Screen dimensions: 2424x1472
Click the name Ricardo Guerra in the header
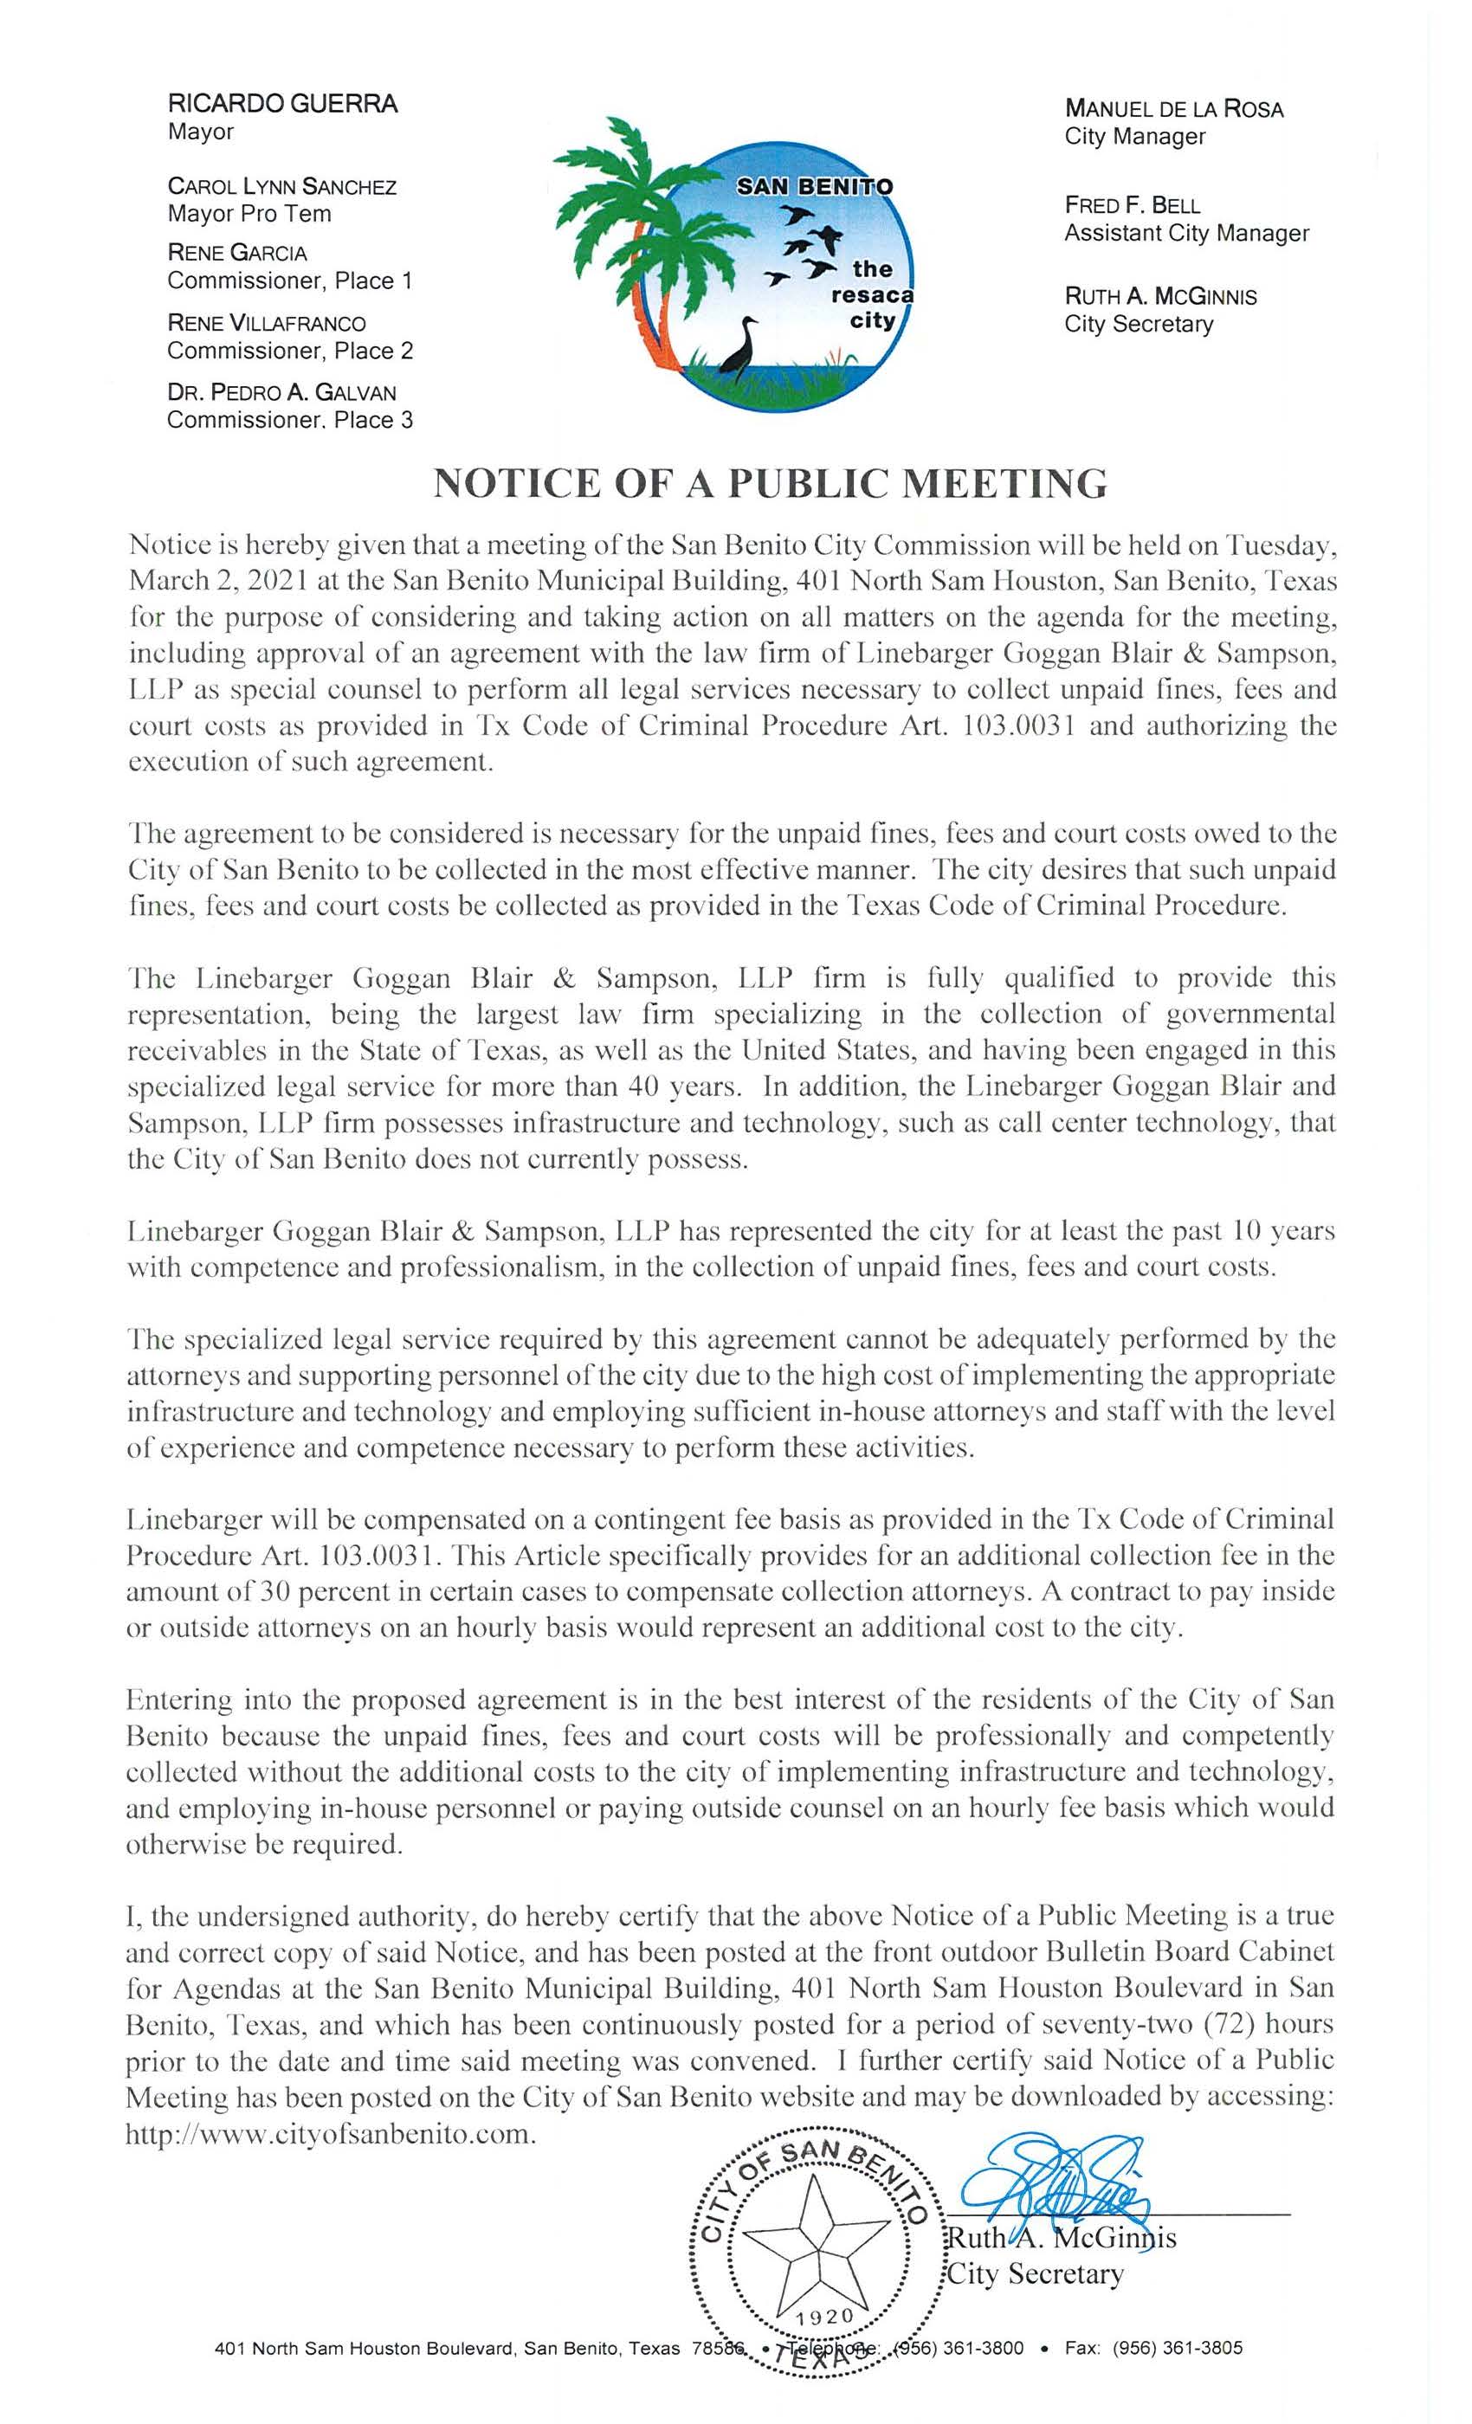tap(282, 104)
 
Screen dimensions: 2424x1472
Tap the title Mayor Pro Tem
tap(249, 214)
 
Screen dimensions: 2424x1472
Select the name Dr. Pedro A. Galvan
tap(281, 392)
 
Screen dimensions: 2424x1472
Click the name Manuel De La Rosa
tap(1173, 109)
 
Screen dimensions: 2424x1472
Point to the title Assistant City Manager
tap(1185, 233)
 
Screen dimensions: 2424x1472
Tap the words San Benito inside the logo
tap(816, 187)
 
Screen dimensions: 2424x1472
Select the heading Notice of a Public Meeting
tap(771, 483)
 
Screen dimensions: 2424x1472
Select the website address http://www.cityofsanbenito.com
tap(332, 2135)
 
